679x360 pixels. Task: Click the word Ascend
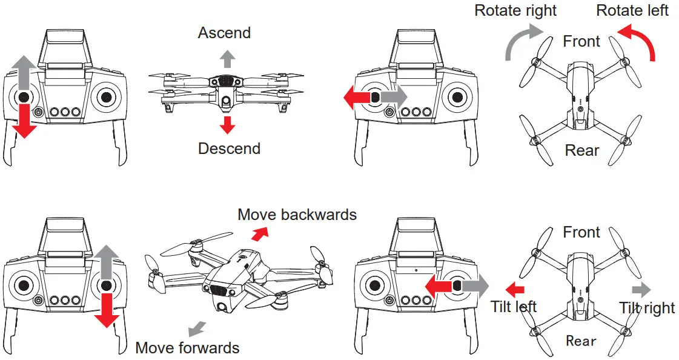(x=224, y=33)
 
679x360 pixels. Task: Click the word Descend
(x=229, y=148)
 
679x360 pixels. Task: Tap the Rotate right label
(x=515, y=10)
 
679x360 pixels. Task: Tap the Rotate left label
(x=632, y=10)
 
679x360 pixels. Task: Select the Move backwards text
(x=297, y=215)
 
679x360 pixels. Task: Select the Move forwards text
(x=187, y=348)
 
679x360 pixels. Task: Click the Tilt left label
(x=514, y=307)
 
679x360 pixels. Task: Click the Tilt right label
(x=646, y=308)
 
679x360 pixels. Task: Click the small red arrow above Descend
(x=227, y=125)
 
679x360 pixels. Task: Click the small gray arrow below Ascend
(x=227, y=59)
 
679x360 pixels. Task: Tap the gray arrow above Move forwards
(x=196, y=329)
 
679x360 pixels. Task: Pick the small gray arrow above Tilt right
(x=641, y=289)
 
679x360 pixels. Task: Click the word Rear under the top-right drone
(x=581, y=150)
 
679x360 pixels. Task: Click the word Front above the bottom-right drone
(x=581, y=232)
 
